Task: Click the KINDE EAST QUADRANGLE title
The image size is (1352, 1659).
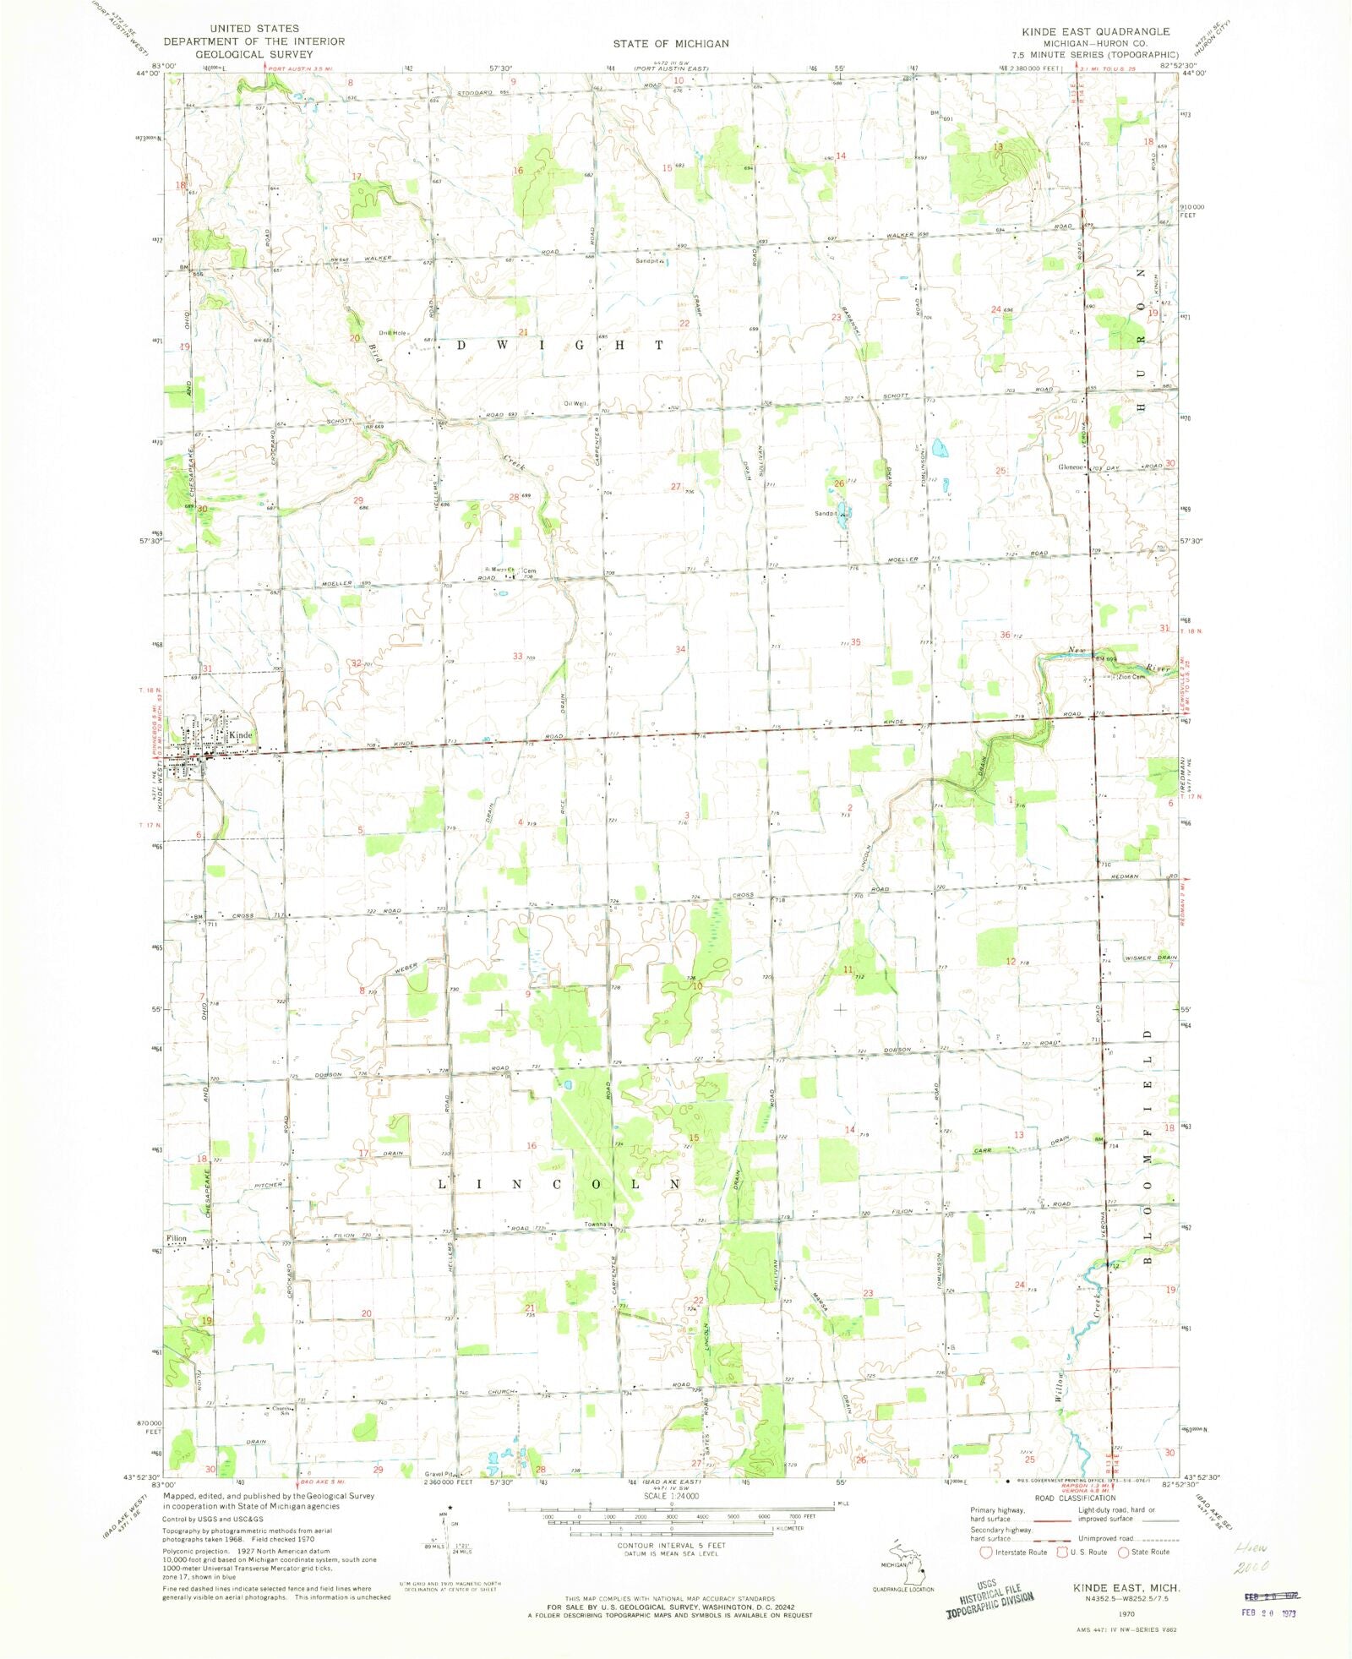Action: click(1095, 31)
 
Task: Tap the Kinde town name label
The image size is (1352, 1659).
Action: click(241, 735)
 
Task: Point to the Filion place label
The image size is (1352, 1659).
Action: click(177, 1238)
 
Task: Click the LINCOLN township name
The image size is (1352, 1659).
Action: click(559, 1184)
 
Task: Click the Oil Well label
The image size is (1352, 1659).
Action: click(575, 403)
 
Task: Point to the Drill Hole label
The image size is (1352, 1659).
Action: click(392, 333)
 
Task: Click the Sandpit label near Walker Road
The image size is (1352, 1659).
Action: click(647, 261)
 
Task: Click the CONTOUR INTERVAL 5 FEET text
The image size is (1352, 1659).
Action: click(671, 1545)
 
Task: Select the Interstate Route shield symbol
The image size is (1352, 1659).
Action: click(985, 1552)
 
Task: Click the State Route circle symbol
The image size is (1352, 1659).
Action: click(1124, 1552)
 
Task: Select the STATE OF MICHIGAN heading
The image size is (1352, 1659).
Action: click(671, 43)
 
